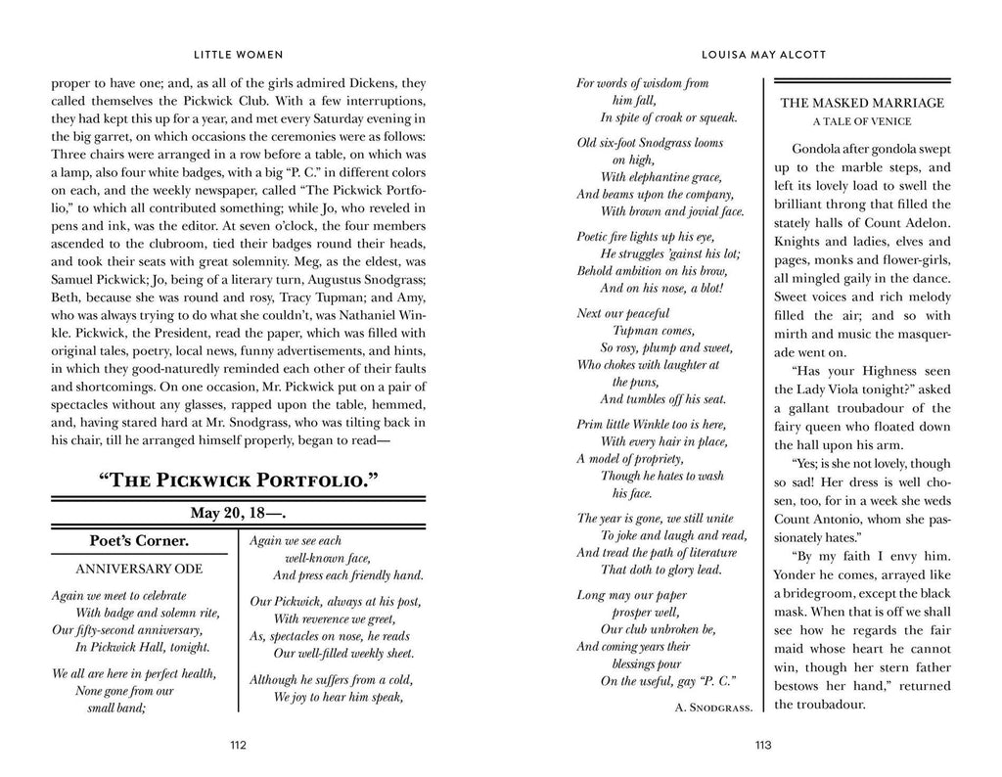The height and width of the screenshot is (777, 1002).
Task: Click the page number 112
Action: [x=237, y=745]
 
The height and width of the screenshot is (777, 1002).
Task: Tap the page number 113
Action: [x=764, y=745]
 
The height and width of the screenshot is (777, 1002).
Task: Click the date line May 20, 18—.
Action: [x=237, y=512]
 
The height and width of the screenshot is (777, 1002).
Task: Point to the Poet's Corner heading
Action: [x=139, y=541]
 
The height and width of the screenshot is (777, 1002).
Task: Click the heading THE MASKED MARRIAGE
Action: [x=861, y=103]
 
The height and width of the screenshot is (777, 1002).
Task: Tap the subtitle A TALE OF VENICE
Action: [x=861, y=121]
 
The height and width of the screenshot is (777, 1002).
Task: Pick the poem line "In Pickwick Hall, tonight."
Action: [x=142, y=647]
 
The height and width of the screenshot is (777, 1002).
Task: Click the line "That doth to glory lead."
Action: [x=660, y=570]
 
